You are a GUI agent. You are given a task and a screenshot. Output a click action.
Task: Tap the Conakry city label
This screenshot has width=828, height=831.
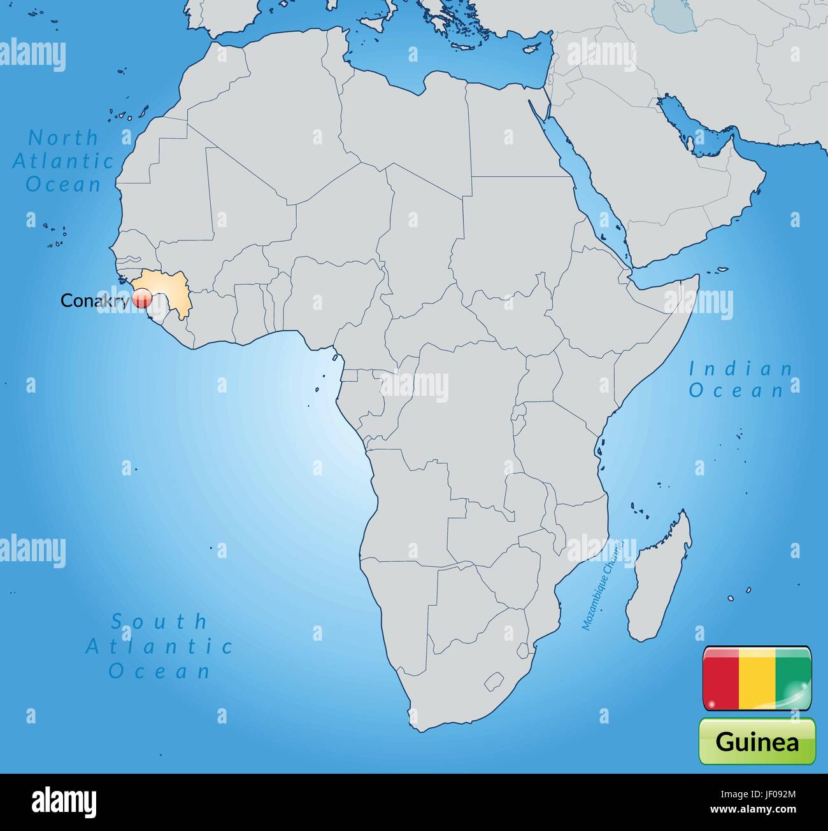(94, 300)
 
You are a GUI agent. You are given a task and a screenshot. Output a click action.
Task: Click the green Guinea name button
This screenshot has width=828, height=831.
(757, 741)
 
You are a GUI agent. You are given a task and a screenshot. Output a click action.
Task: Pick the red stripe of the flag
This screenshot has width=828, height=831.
(720, 678)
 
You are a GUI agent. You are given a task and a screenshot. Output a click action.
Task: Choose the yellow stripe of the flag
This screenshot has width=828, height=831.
(757, 678)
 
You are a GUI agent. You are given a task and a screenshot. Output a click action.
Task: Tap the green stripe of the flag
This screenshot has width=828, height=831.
(793, 678)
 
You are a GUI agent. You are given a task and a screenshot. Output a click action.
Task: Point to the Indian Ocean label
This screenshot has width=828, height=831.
(741, 379)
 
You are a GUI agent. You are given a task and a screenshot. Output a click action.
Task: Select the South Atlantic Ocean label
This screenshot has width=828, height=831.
(159, 645)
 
